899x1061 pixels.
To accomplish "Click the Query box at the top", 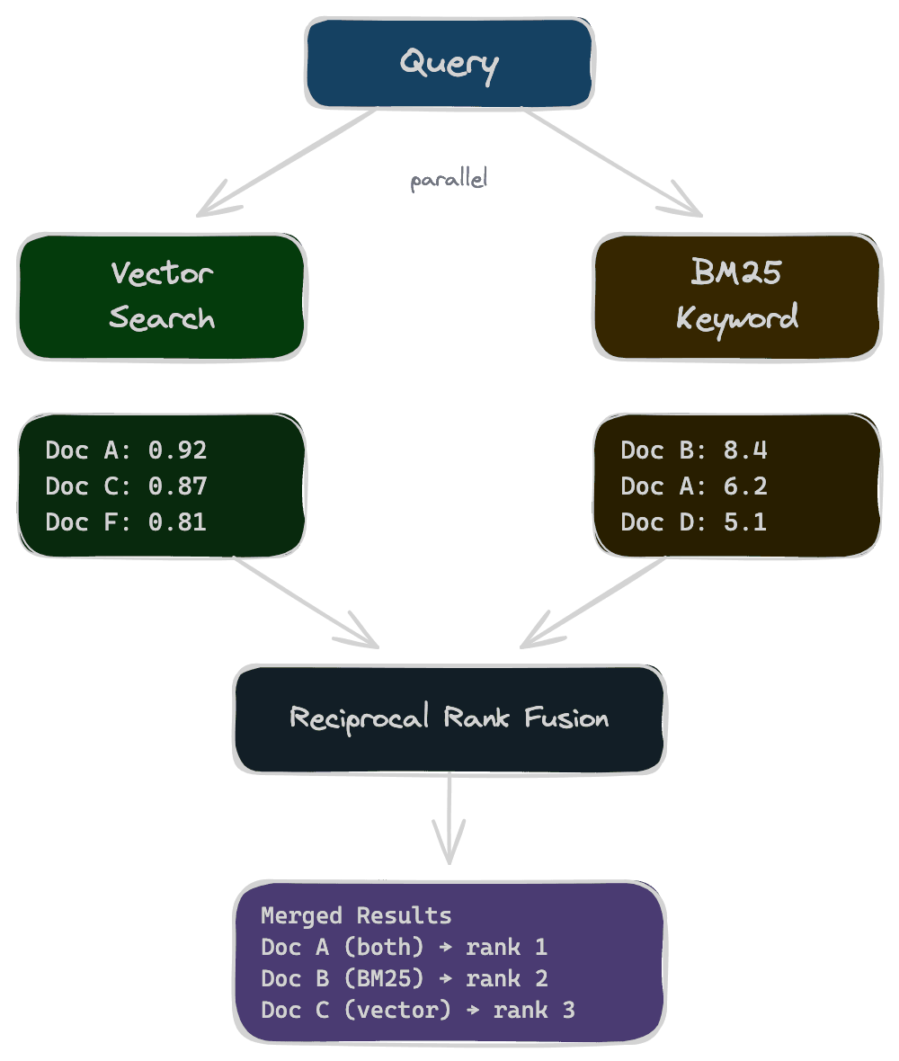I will pos(449,63).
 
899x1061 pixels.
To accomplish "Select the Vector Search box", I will pos(162,296).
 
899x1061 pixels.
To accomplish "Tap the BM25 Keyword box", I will pos(737,296).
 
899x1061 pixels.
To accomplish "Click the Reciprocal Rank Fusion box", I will pos(449,718).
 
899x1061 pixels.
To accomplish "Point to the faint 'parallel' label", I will pos(449,180).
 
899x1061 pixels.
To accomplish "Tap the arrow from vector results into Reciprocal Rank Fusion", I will pos(306,602).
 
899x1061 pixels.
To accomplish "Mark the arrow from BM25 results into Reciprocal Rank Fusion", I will pos(593,602).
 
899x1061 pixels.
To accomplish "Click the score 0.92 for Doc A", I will pos(178,450).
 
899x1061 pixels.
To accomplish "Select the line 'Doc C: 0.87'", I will pos(126,486).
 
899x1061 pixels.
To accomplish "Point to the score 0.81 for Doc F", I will pos(178,522).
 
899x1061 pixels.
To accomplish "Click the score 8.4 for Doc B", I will pos(745,450).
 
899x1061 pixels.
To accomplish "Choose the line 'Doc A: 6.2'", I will pos(693,486).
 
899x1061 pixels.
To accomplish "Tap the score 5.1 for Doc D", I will pos(745,522).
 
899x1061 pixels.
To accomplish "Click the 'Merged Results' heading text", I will pos(356,915).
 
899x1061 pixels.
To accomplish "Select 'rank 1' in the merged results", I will pos(507,947).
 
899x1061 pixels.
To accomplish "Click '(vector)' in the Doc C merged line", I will pos(396,1010).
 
